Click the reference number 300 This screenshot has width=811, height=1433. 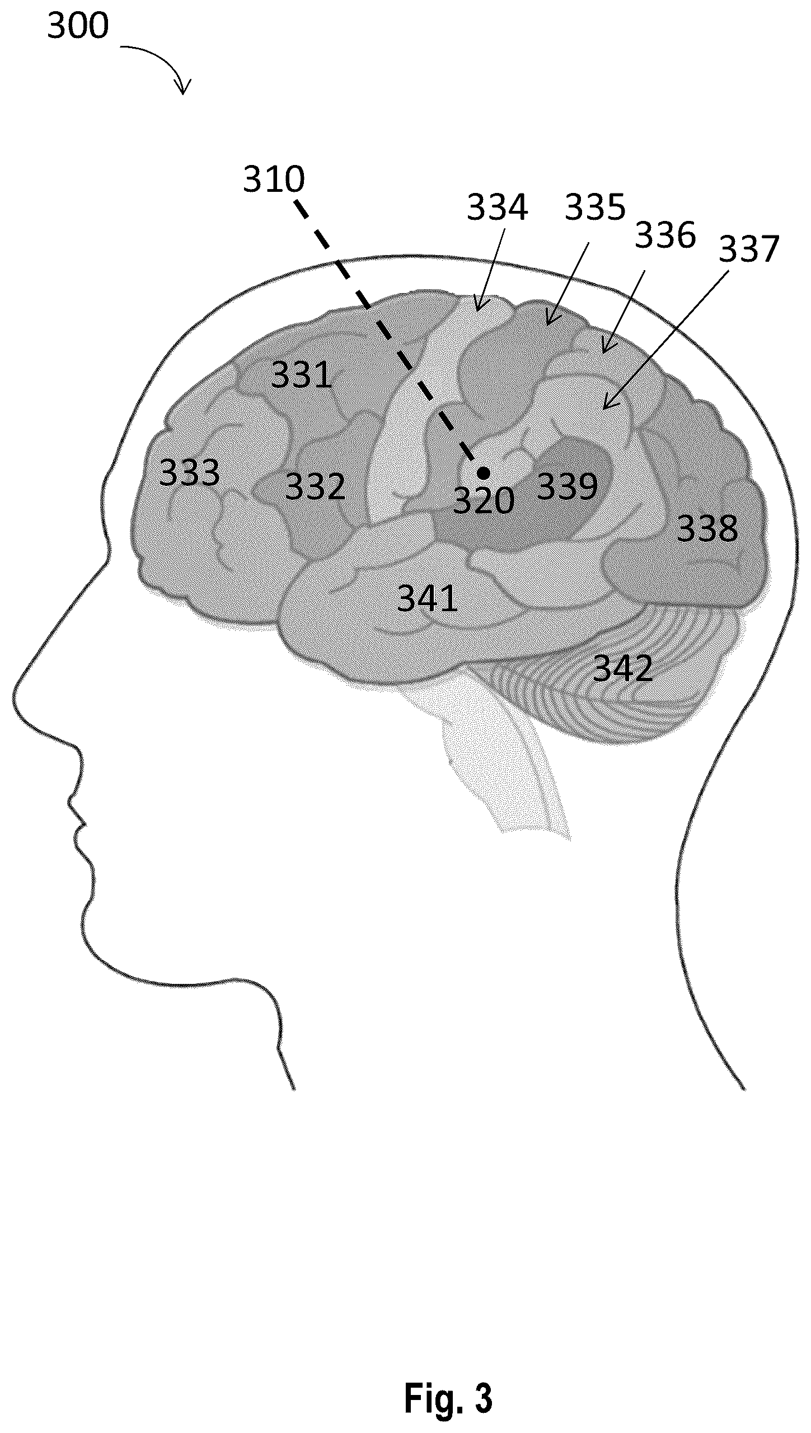[78, 26]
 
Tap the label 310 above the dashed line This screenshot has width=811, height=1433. [274, 179]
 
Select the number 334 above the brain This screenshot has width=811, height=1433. [498, 207]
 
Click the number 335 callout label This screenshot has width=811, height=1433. [595, 207]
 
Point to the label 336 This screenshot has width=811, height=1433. [666, 235]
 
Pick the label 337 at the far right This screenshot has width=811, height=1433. [749, 249]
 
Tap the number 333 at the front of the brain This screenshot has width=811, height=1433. [189, 473]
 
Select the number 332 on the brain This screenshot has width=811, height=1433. [315, 487]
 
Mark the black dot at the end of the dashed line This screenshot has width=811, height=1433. [484, 473]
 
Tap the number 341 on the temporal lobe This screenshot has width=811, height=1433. [428, 598]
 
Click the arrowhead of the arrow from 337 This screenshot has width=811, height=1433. [605, 407]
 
